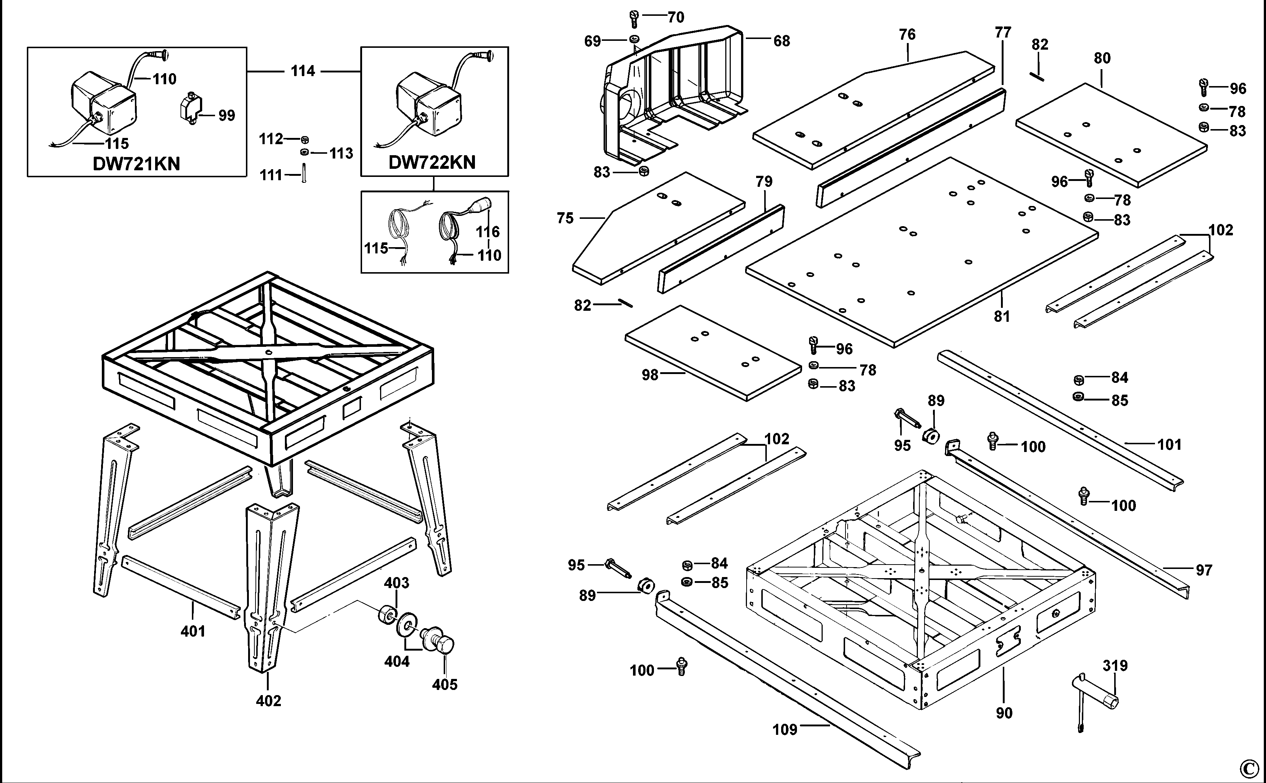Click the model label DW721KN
coord(136,164)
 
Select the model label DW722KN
coord(432,162)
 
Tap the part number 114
coord(303,71)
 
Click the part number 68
coord(782,41)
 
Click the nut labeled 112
coord(305,139)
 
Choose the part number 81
coord(1002,316)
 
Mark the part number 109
coord(785,730)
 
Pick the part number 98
coord(650,374)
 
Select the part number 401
coord(193,631)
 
